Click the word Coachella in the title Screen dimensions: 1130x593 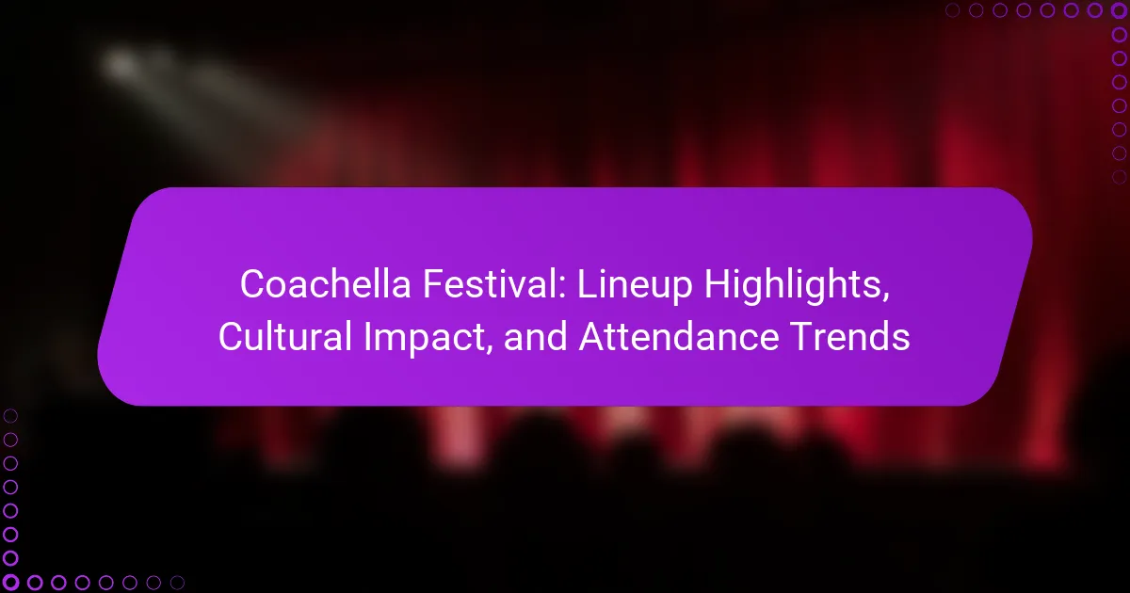(x=326, y=284)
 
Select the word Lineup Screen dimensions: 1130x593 (x=635, y=286)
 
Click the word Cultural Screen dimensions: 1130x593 (x=285, y=336)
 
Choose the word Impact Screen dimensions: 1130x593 (x=428, y=339)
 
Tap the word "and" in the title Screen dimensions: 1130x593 (x=535, y=336)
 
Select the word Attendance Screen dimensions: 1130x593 (x=679, y=336)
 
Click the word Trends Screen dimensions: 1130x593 (x=850, y=336)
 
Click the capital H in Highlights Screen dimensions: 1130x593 (x=718, y=284)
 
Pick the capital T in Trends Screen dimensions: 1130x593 (x=802, y=336)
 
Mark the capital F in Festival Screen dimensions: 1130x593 (x=433, y=284)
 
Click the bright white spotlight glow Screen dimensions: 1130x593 (x=121, y=65)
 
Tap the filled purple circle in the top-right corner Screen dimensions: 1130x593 (x=1119, y=10)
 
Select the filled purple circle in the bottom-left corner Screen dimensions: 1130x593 (x=10, y=583)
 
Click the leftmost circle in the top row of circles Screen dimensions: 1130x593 (x=952, y=10)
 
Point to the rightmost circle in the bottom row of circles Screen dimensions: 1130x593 (x=177, y=583)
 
